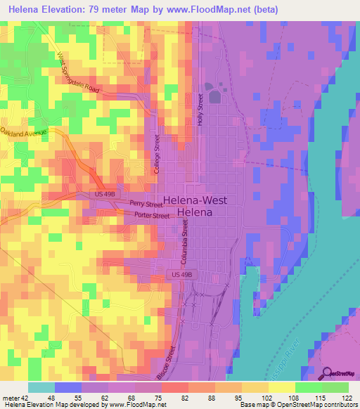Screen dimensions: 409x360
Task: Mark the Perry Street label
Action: tap(146, 204)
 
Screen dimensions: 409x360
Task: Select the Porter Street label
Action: tap(151, 216)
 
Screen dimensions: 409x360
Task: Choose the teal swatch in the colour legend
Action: tap(41, 387)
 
